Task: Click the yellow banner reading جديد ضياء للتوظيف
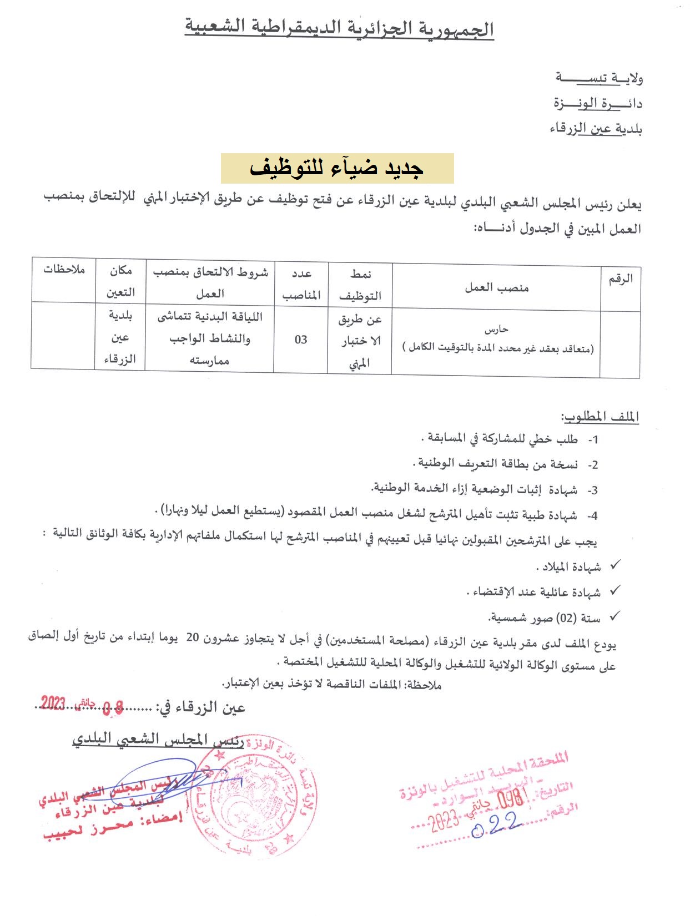pyautogui.click(x=338, y=169)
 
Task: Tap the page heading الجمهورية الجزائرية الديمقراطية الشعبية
pyautogui.click(x=339, y=29)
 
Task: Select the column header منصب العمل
pyautogui.click(x=496, y=287)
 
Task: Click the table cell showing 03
pyautogui.click(x=301, y=339)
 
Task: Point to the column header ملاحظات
pyautogui.click(x=64, y=270)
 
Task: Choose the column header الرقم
pyautogui.click(x=620, y=279)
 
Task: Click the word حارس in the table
pyautogui.click(x=496, y=330)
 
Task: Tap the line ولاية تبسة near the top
pyautogui.click(x=599, y=79)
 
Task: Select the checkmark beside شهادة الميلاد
pyautogui.click(x=615, y=566)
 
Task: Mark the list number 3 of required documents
pyautogui.click(x=593, y=490)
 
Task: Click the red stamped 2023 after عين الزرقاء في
pyautogui.click(x=54, y=704)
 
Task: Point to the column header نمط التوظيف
pyautogui.click(x=360, y=284)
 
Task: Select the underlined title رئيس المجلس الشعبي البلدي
pyautogui.click(x=158, y=739)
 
